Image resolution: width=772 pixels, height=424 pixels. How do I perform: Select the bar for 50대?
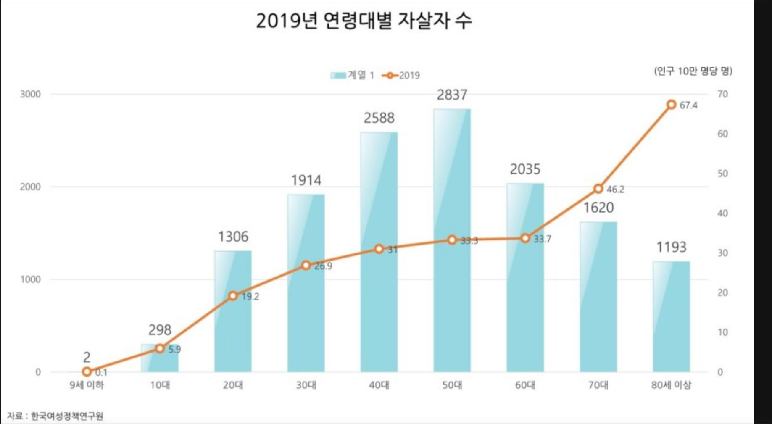coord(452,294)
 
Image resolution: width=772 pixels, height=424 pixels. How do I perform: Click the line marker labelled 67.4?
coord(671,105)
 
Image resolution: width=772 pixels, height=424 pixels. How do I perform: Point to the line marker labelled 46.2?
coord(598,189)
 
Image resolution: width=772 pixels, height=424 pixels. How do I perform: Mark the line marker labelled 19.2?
coord(233,296)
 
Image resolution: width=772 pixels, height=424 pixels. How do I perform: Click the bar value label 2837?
coord(452,95)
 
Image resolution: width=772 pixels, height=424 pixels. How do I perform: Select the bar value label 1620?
coord(598,208)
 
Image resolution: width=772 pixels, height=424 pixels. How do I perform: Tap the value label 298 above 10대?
coord(160,330)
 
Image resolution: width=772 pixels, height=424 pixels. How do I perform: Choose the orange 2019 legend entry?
coord(401,75)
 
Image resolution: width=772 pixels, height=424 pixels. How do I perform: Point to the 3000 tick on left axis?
coord(31,94)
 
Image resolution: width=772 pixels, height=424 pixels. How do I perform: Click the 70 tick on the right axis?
coord(722,94)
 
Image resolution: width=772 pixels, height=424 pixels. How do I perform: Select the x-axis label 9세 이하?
coord(87,385)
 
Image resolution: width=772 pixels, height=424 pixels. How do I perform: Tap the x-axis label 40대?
coord(379,385)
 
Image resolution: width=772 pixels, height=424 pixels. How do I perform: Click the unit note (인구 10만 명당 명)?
coord(693,71)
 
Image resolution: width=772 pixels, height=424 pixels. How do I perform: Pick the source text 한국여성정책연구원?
coord(67,416)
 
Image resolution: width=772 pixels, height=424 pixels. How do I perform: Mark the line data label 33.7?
coord(542,239)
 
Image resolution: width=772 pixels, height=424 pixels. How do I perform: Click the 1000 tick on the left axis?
coord(31,279)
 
